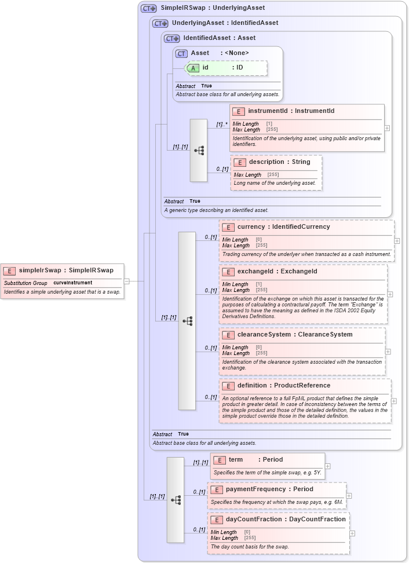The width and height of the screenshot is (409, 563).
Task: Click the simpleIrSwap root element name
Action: (x=66, y=270)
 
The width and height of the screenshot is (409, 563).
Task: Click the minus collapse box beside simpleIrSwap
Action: (x=126, y=281)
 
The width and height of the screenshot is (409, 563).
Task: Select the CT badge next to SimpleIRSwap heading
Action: (x=149, y=8)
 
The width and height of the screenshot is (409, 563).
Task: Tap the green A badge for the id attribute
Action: (x=193, y=68)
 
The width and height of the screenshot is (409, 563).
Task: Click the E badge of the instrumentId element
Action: (x=238, y=111)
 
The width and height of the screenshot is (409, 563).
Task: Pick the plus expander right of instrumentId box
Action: (x=387, y=128)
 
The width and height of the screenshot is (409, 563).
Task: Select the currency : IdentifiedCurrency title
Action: (x=283, y=227)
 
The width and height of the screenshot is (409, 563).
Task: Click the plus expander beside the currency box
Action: (x=397, y=240)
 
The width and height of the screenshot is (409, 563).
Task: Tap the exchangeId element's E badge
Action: (x=228, y=272)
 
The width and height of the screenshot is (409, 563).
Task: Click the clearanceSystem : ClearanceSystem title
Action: (x=294, y=335)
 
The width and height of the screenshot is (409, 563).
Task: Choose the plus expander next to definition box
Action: (x=394, y=401)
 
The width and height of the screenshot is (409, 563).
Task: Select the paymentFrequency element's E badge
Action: (x=217, y=489)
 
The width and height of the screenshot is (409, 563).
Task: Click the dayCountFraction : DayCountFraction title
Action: (x=285, y=520)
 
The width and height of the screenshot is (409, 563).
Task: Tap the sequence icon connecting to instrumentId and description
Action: (x=199, y=151)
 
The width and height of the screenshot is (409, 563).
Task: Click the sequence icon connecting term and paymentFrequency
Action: (x=176, y=499)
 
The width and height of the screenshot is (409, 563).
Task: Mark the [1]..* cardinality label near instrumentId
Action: (x=222, y=124)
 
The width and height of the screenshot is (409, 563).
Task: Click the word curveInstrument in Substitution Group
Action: (x=72, y=283)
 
